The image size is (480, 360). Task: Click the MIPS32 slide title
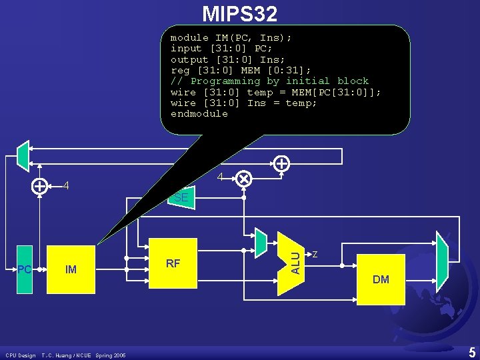(239, 13)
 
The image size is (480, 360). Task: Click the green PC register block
(25, 269)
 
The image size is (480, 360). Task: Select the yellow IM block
(71, 269)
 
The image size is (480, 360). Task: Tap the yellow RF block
(173, 263)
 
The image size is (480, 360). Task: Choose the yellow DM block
(381, 279)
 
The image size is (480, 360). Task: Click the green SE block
(181, 197)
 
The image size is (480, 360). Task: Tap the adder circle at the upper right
(282, 162)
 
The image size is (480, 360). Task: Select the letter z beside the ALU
(315, 253)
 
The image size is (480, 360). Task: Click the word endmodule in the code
(199, 113)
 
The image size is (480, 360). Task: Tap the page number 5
(471, 351)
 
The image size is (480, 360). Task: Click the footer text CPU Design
(20, 355)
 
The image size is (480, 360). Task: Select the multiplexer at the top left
(23, 155)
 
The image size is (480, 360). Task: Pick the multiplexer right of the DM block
(441, 258)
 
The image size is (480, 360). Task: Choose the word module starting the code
(189, 37)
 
